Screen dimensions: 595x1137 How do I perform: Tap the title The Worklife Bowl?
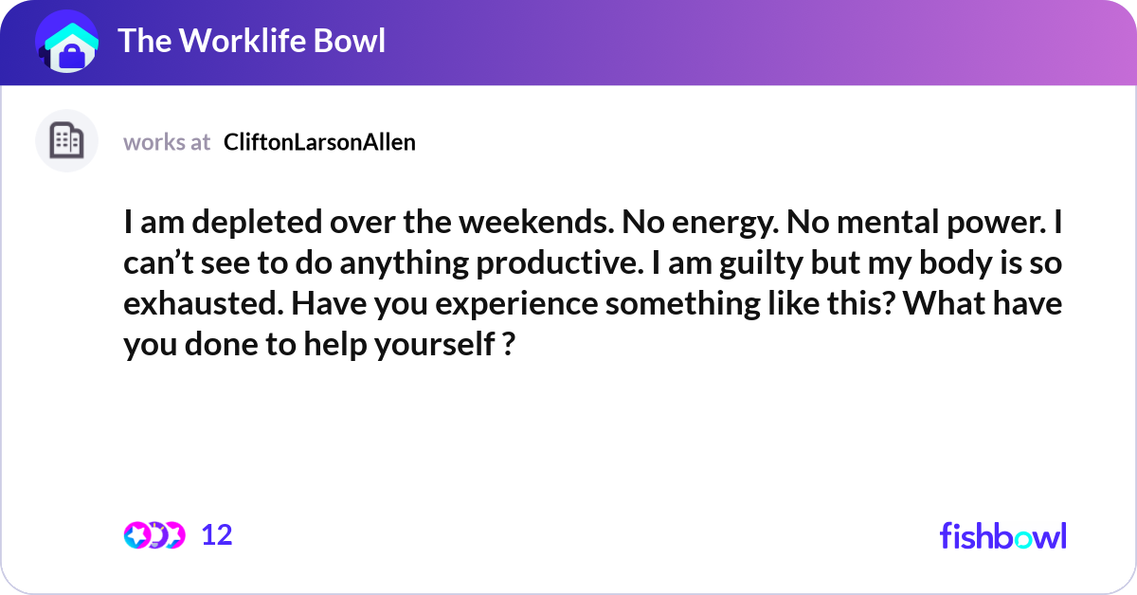click(x=251, y=42)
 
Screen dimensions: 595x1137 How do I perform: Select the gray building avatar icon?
click(x=66, y=141)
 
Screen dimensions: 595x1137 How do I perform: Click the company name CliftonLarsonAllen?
click(x=319, y=142)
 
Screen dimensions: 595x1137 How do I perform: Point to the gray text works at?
click(x=167, y=142)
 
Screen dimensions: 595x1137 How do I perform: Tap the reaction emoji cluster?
click(x=154, y=535)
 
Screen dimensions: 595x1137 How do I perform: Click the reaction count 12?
click(x=217, y=535)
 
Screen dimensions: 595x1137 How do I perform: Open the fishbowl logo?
click(x=1002, y=535)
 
